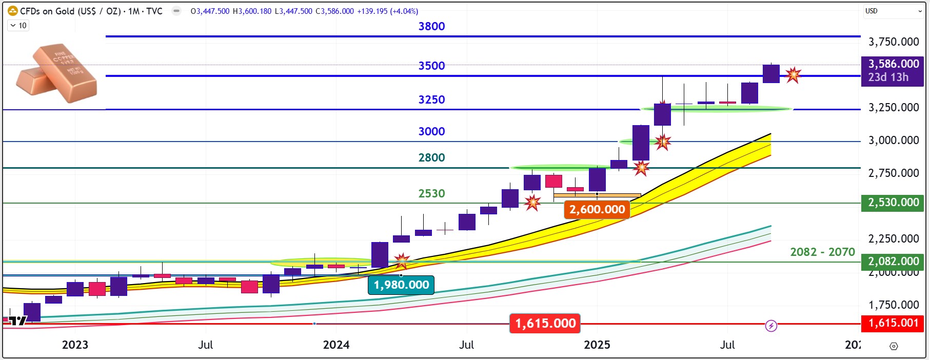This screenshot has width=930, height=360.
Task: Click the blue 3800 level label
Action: (x=431, y=27)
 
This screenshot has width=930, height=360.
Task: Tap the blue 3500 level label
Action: (x=431, y=66)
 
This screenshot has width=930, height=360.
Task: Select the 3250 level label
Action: (x=431, y=100)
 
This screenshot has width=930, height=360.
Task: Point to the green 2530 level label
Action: (x=431, y=194)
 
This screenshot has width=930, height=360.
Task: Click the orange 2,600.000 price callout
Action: (x=597, y=210)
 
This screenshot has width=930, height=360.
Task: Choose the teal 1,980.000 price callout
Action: (x=401, y=285)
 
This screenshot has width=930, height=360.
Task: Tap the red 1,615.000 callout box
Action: (x=545, y=324)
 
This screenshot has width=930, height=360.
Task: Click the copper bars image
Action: (x=56, y=73)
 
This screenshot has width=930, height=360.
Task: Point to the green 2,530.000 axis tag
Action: (x=893, y=203)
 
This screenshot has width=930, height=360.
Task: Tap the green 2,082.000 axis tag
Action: (x=893, y=262)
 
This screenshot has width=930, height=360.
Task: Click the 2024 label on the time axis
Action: (x=336, y=345)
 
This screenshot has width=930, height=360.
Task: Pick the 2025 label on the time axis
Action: (x=597, y=345)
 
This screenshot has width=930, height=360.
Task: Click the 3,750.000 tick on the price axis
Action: (x=893, y=42)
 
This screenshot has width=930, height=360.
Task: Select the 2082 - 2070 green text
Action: (x=822, y=252)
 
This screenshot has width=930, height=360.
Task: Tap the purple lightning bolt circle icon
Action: (x=771, y=326)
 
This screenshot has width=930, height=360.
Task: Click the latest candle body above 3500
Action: (x=771, y=74)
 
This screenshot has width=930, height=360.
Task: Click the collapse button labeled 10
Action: (x=18, y=26)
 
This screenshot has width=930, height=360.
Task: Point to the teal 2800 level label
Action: (x=431, y=158)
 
